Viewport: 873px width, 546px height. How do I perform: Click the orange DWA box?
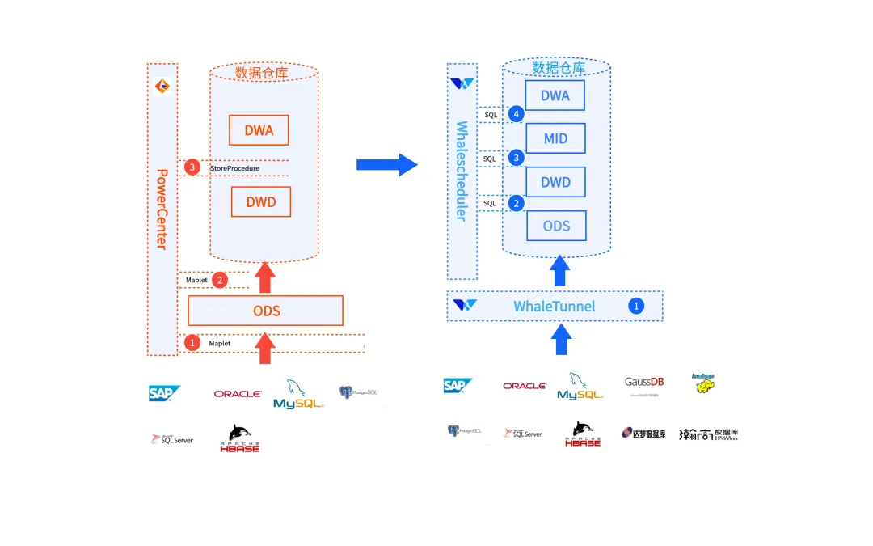tap(259, 130)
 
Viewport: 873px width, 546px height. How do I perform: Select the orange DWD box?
tap(260, 201)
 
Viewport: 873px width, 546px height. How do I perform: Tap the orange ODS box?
tap(265, 311)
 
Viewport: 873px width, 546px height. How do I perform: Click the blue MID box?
tap(555, 138)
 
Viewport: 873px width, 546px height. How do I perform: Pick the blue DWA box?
tap(555, 95)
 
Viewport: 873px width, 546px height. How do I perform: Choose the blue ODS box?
tap(556, 226)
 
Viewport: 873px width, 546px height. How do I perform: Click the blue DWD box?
tap(555, 182)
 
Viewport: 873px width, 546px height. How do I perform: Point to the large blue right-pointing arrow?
tap(386, 165)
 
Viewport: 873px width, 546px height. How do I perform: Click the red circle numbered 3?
tap(192, 167)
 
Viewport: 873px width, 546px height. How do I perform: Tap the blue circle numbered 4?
tap(517, 114)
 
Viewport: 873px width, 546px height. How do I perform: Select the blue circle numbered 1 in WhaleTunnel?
tap(636, 306)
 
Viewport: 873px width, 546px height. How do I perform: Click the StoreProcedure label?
tap(234, 168)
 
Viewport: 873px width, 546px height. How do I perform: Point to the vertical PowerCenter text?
tap(162, 209)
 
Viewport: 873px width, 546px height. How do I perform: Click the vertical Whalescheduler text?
tap(462, 171)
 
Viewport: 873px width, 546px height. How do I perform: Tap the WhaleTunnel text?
tap(554, 307)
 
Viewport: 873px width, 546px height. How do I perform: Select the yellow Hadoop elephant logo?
tap(704, 383)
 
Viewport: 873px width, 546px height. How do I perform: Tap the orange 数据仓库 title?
tap(261, 73)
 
